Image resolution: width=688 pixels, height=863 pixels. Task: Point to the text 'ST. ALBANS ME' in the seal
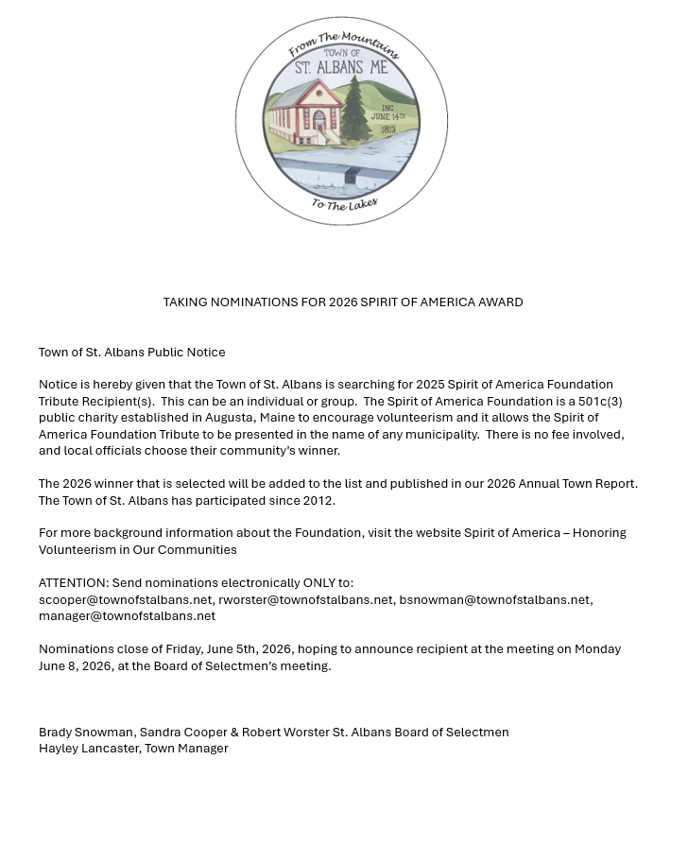click(x=341, y=68)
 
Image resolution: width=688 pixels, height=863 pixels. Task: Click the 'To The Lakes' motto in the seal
click(x=345, y=204)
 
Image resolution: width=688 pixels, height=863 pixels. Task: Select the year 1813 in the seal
click(x=387, y=129)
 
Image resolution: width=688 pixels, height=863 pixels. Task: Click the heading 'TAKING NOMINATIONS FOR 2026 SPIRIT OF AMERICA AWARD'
click(x=343, y=302)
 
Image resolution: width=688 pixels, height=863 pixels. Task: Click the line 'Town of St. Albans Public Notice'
click(x=132, y=353)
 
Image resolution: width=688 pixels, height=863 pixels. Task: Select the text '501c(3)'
click(x=600, y=402)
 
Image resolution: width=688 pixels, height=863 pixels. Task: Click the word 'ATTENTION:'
click(x=74, y=583)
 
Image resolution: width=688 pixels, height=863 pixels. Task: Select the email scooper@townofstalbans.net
click(x=126, y=599)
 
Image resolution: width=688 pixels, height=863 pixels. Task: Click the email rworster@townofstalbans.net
click(x=305, y=599)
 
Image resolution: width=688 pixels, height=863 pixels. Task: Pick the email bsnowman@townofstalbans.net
click(x=494, y=599)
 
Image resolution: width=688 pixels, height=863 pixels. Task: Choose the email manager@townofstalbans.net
click(x=127, y=616)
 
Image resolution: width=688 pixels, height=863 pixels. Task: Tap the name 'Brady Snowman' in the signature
click(x=87, y=733)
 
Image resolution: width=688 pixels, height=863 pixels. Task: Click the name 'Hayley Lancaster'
click(x=89, y=749)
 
